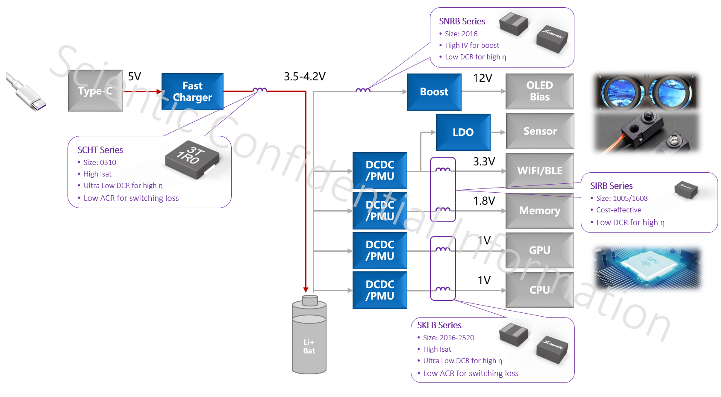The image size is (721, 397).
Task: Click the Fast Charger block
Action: (x=192, y=91)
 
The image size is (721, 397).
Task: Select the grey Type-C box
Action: (x=95, y=91)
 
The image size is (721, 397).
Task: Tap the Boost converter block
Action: (x=434, y=92)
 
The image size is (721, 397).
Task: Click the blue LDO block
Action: (x=463, y=132)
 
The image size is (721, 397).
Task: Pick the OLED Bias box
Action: (x=539, y=91)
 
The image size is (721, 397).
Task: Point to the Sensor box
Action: (x=539, y=131)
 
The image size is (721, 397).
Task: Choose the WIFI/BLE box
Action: (x=539, y=171)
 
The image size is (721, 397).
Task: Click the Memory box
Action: (x=539, y=211)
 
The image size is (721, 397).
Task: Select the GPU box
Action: (x=539, y=250)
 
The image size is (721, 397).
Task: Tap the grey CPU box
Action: (x=539, y=290)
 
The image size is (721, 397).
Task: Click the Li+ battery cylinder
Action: (x=309, y=338)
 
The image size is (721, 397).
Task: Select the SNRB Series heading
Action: (x=462, y=21)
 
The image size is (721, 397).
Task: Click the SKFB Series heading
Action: (x=439, y=325)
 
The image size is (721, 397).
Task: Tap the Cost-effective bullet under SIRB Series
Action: (x=618, y=210)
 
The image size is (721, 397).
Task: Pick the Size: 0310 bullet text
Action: (x=100, y=162)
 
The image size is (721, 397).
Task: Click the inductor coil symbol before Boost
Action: (x=363, y=91)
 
